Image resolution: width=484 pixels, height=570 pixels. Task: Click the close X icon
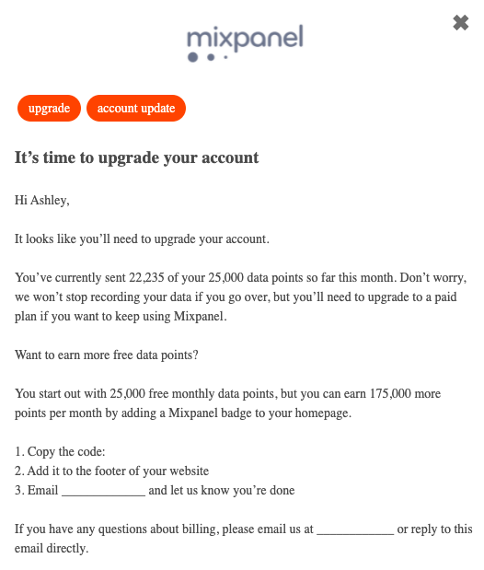[461, 23]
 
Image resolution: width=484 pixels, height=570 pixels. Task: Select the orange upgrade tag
[49, 109]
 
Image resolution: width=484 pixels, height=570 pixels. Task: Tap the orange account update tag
[136, 109]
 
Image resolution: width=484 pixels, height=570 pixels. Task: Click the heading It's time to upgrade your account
[137, 157]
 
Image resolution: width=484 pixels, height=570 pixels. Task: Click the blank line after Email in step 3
[103, 491]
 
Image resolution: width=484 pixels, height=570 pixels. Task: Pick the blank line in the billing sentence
[355, 529]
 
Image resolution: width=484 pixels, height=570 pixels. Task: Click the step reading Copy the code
[61, 452]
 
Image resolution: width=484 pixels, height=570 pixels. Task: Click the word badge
[220, 413]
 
